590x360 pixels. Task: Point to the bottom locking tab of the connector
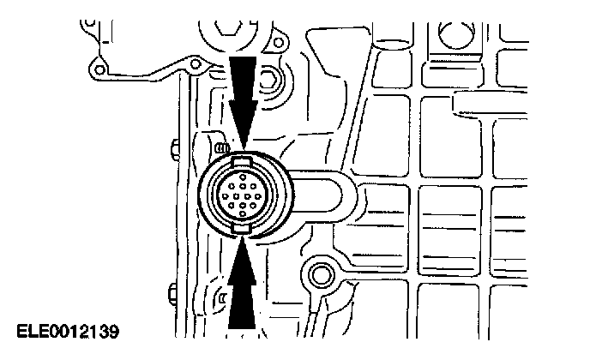point(243,231)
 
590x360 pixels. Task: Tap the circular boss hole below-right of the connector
point(322,274)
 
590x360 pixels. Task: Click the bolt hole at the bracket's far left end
point(101,69)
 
